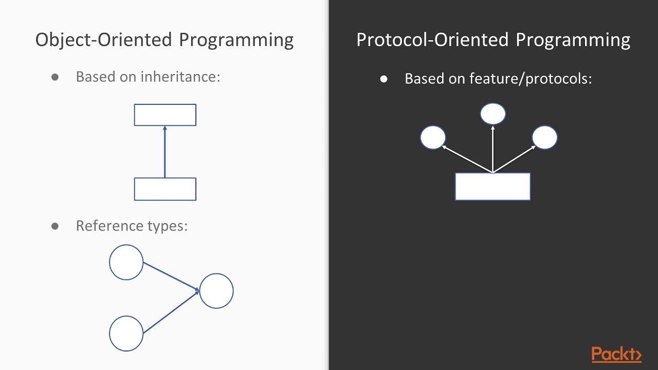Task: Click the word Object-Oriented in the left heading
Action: pyautogui.click(x=103, y=40)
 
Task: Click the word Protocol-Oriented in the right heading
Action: pyautogui.click(x=432, y=40)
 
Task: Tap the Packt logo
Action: pyautogui.click(x=616, y=354)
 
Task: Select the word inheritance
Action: pyautogui.click(x=180, y=77)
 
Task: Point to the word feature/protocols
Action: pyautogui.click(x=531, y=79)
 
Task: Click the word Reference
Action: pyautogui.click(x=110, y=226)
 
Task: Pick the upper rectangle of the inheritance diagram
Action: pyautogui.click(x=165, y=115)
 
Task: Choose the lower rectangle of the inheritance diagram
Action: pyautogui.click(x=165, y=189)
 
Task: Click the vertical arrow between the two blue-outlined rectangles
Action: pyautogui.click(x=165, y=152)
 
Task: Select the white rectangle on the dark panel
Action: pyautogui.click(x=493, y=187)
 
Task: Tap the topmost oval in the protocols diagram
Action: pyautogui.click(x=493, y=114)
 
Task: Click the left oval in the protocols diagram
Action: pyautogui.click(x=433, y=137)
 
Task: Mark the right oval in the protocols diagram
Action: pyautogui.click(x=544, y=137)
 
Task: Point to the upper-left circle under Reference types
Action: pyautogui.click(x=126, y=262)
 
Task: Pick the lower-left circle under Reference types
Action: pyautogui.click(x=126, y=334)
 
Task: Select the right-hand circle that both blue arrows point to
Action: pyautogui.click(x=216, y=291)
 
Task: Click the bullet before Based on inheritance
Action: pyautogui.click(x=55, y=77)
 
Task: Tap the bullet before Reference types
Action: pyautogui.click(x=55, y=226)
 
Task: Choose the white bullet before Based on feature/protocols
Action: pyautogui.click(x=383, y=79)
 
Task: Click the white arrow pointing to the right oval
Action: pyautogui.click(x=515, y=159)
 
